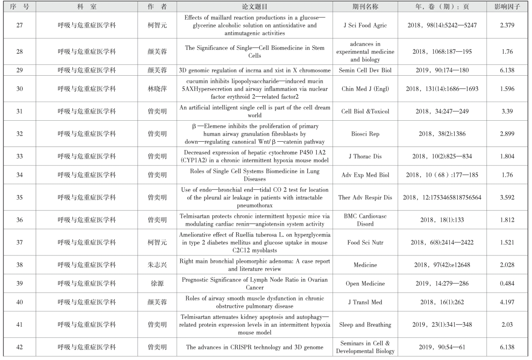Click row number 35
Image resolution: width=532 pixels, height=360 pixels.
(x=19, y=197)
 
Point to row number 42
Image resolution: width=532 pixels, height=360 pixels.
(x=19, y=347)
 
